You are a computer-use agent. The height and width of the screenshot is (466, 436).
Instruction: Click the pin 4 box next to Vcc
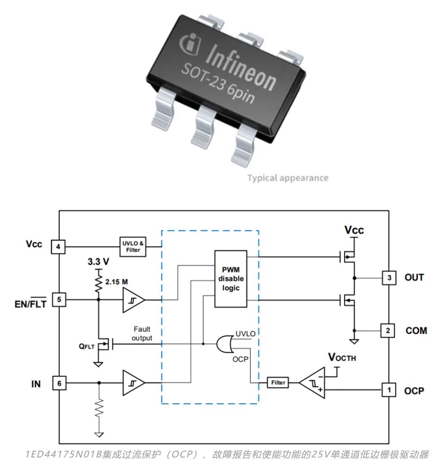tap(60, 247)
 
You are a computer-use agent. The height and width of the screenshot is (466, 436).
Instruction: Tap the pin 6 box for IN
tap(60, 383)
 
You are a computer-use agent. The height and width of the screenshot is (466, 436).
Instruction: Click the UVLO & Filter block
tap(133, 247)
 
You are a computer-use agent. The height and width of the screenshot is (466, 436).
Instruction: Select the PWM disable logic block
tap(231, 279)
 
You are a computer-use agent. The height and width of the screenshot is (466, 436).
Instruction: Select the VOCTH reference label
tap(344, 357)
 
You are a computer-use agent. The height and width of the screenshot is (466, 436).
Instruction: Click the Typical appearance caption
tap(288, 178)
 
